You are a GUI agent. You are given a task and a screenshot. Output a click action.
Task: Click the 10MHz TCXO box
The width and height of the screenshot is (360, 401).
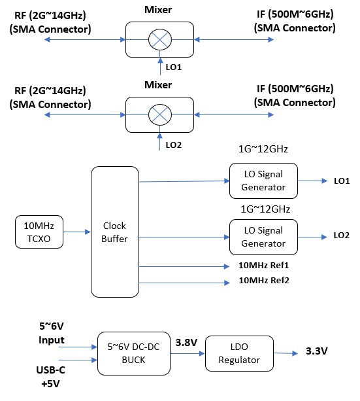pos(38,232)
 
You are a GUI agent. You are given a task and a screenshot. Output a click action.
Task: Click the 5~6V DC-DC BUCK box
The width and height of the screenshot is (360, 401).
pos(133,353)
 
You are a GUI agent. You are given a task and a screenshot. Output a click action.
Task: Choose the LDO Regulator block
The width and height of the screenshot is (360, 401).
pos(239,353)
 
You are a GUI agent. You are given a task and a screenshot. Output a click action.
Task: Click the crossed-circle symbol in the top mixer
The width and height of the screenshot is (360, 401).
pos(159,39)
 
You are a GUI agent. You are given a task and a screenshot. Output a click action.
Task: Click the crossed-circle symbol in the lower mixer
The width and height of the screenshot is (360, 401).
pos(159,115)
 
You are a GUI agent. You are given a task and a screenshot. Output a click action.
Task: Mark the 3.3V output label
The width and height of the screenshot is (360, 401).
pos(316,351)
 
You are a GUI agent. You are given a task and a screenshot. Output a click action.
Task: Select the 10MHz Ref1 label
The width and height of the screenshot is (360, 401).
pos(263,266)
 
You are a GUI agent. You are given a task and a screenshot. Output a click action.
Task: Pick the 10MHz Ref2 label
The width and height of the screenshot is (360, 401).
pos(263,281)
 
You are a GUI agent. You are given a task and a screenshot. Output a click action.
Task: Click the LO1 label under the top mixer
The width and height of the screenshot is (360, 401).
pos(174,68)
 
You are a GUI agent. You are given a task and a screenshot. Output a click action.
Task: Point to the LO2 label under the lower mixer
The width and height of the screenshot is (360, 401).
pos(174,144)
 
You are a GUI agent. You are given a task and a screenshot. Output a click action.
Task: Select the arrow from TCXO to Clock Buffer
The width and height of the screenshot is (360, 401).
pos(76,232)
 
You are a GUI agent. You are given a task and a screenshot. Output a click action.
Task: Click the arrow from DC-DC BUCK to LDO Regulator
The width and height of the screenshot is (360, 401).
pos(188,353)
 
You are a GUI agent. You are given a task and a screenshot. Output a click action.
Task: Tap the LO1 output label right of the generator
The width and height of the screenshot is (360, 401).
pos(342,181)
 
